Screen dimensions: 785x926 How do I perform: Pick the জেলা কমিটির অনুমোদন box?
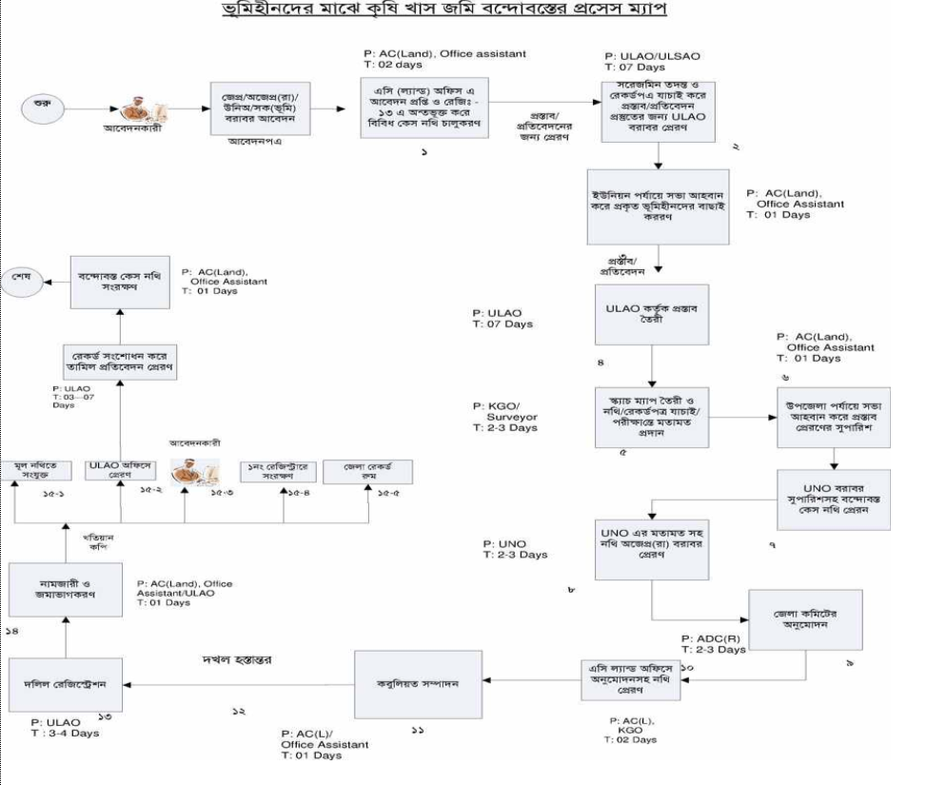[x=798, y=620]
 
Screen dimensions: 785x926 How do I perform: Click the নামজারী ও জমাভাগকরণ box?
[x=64, y=592]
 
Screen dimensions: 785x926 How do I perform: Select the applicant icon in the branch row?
[x=194, y=469]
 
